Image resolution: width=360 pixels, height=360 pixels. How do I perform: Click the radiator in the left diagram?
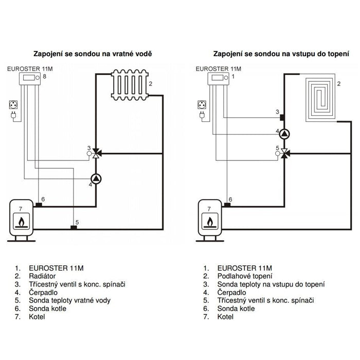point(130,85)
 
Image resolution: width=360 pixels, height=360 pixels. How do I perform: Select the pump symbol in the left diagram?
point(96,179)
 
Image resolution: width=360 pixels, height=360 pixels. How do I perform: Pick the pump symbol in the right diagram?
point(284,134)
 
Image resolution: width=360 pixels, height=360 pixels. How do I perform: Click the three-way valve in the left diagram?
point(96,153)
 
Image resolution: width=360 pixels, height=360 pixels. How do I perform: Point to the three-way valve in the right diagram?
point(284,153)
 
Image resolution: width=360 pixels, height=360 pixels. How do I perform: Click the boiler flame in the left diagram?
point(22,222)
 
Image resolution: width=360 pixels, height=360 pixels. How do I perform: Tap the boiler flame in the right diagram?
point(210,222)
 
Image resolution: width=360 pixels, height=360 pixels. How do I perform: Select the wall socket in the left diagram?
point(13,105)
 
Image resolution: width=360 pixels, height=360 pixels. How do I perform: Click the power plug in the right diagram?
point(202,115)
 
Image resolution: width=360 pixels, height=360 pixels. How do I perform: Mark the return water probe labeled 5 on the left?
point(74,227)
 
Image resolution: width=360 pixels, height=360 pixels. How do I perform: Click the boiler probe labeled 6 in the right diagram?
point(227,205)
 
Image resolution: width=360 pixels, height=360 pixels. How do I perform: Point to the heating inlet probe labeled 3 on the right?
point(282,117)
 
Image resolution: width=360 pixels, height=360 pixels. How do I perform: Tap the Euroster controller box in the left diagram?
point(30,79)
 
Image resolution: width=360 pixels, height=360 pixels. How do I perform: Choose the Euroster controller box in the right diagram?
point(219,79)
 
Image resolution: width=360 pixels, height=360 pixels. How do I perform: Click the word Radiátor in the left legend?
point(42,276)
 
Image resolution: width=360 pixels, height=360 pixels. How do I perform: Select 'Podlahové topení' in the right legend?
point(245,276)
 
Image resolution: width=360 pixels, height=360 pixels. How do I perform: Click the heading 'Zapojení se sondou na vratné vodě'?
point(93,53)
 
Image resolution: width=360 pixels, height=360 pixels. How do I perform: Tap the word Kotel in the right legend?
point(225,317)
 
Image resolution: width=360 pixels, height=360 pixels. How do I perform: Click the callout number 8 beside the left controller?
point(45,76)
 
